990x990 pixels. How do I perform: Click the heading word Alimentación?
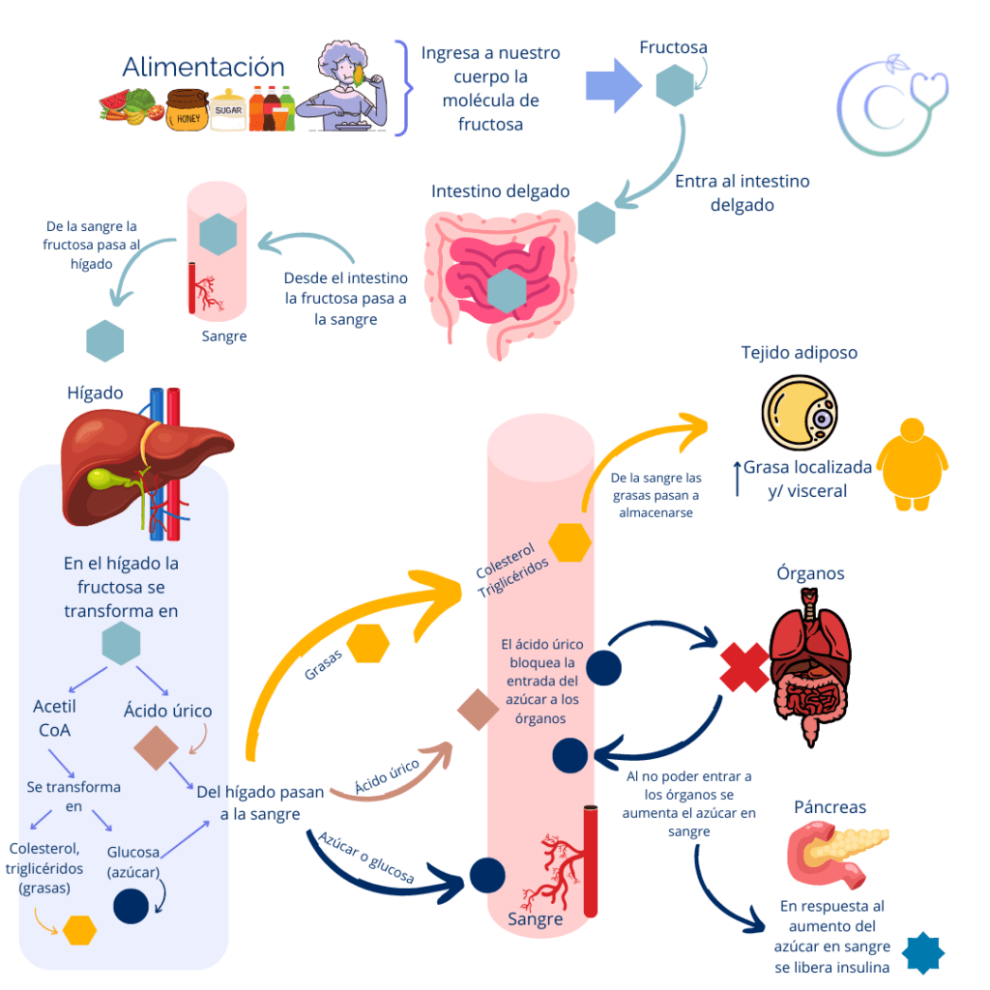203,67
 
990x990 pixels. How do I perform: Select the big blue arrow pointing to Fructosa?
613,86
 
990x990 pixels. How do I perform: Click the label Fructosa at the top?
673,46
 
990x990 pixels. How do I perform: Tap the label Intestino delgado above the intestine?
500,191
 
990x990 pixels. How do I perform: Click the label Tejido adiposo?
799,353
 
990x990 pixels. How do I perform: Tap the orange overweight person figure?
914,465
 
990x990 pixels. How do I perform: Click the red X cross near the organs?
744,667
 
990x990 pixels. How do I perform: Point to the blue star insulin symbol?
922,953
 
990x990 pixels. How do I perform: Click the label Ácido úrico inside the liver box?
167,711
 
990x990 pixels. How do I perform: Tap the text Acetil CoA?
55,718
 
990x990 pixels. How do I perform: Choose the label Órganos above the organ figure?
810,573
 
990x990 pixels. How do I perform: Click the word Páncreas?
830,806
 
